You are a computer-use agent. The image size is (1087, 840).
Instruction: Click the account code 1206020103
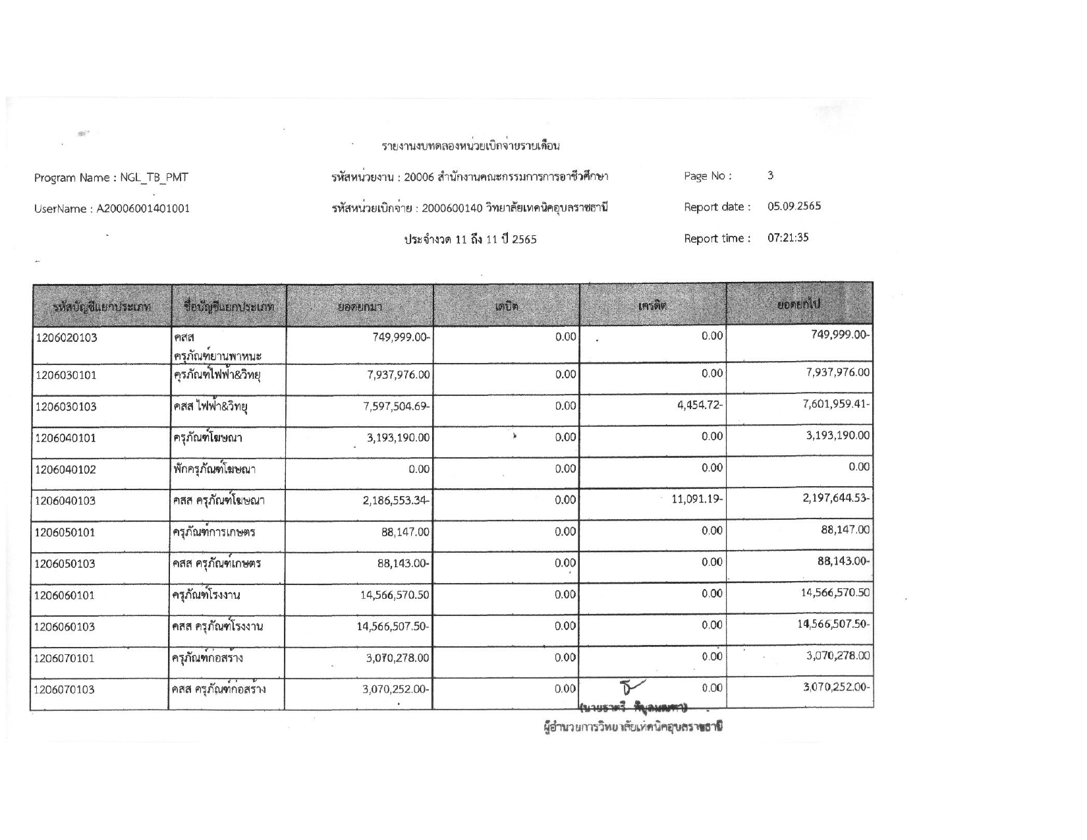pos(66,339)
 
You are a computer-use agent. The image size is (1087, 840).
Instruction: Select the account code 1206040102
pos(66,470)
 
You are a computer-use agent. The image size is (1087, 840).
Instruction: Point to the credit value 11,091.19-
pos(697,499)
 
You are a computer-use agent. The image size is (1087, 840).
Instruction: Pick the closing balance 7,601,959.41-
pos(836,404)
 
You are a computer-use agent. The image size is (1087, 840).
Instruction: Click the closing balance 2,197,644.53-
pos(836,498)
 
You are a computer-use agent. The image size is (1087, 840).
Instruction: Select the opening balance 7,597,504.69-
pos(396,406)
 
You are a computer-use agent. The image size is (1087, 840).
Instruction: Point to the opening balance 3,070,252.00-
pos(396,689)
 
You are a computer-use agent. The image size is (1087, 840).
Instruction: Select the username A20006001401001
pos(144,209)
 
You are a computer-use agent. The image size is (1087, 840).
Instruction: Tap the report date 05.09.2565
pos(794,206)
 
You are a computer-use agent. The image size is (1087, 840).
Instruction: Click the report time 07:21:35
pos(788,238)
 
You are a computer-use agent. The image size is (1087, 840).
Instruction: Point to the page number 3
pos(770,175)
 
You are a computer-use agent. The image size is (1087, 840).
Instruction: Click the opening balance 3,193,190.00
pos(398,437)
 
